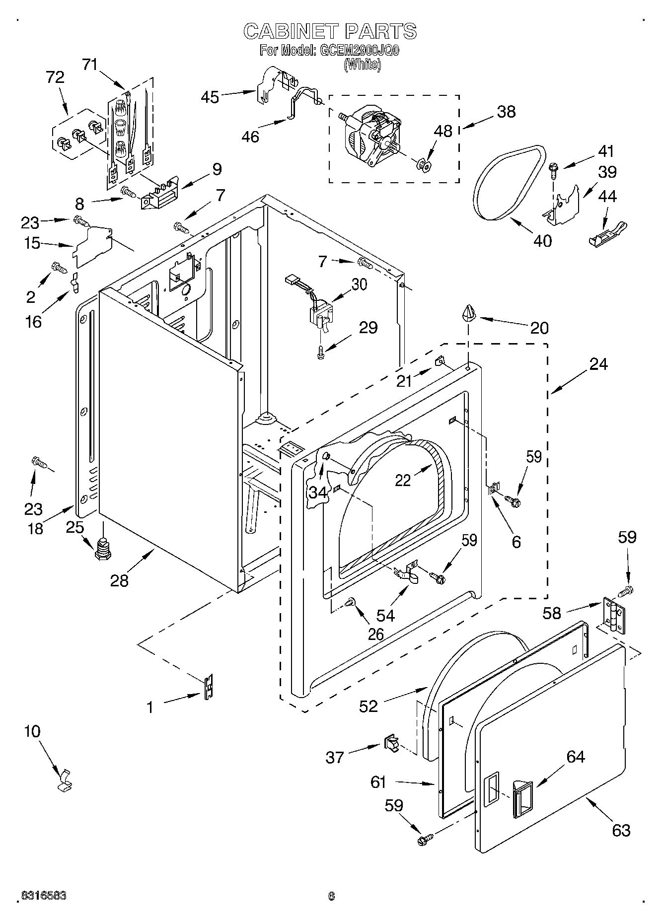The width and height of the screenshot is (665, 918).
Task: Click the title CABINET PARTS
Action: [x=330, y=31]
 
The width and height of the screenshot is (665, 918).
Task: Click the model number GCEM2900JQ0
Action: [x=358, y=50]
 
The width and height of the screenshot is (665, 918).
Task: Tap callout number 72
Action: [x=55, y=77]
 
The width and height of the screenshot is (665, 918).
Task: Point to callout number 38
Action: [x=506, y=112]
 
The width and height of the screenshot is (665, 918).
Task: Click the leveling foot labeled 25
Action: [x=102, y=548]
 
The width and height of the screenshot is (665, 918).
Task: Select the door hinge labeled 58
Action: [x=614, y=615]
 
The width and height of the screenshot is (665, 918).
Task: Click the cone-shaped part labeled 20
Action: [x=469, y=314]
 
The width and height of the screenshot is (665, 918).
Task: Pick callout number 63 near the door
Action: [x=621, y=830]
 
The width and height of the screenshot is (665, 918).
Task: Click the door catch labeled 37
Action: [x=391, y=743]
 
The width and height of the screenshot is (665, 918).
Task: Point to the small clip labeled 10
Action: [x=64, y=779]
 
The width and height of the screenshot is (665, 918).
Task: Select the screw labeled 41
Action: [x=553, y=171]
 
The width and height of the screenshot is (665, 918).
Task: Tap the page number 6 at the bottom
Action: [x=331, y=896]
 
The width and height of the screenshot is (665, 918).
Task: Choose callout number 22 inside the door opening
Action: [x=403, y=480]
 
